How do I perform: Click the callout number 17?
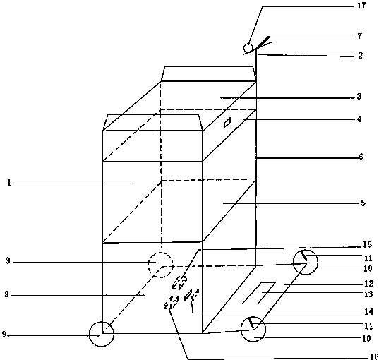point(361,6)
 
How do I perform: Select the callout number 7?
point(360,36)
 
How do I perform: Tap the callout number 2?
point(360,56)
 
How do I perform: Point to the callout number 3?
point(359,96)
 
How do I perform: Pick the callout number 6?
point(361,157)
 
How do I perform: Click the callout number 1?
point(9,183)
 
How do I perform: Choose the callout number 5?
point(363,203)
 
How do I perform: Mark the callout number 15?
point(368,244)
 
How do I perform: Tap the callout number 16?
point(374,356)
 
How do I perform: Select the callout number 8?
point(7,295)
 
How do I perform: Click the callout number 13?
point(368,294)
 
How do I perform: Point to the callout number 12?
point(369,283)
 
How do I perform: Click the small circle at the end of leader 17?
point(248,47)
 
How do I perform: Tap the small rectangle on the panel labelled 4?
point(227,122)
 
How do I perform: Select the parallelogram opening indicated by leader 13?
point(259,293)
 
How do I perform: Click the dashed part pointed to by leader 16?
point(171,303)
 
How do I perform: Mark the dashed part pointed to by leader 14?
point(191,295)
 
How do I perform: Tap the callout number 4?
point(359,119)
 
